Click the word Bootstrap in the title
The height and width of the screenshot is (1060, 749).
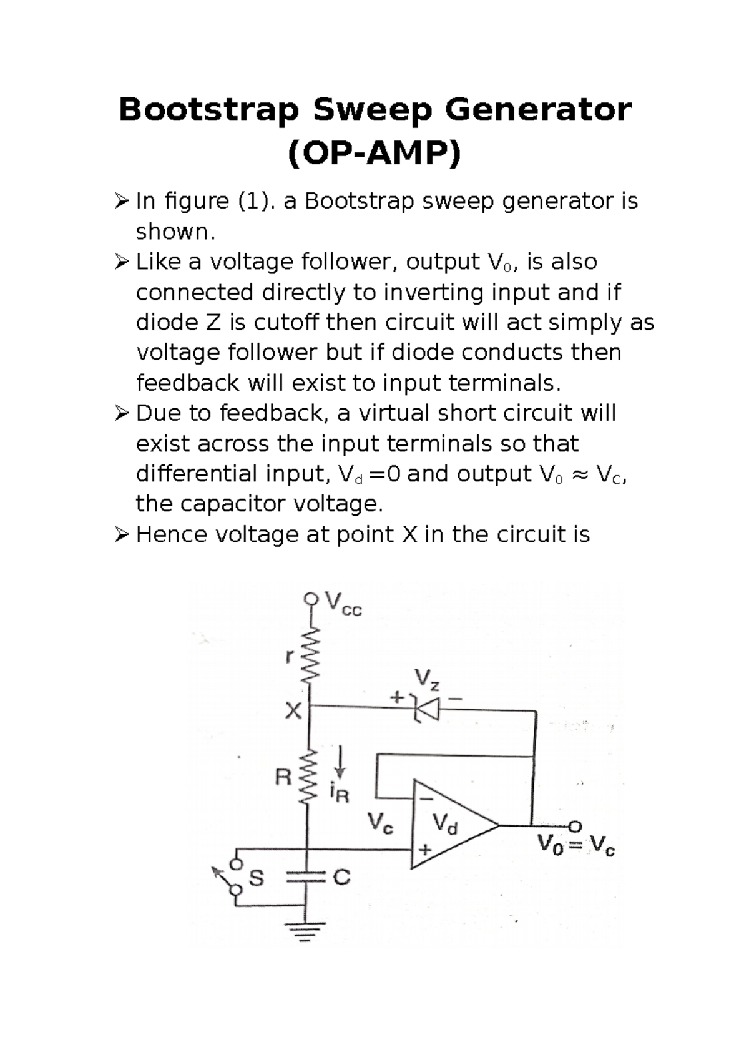pyautogui.click(x=208, y=110)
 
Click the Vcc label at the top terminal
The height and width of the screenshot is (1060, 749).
pyautogui.click(x=343, y=604)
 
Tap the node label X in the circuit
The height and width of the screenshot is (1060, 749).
pyautogui.click(x=293, y=710)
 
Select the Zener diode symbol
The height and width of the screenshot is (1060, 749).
pyautogui.click(x=426, y=709)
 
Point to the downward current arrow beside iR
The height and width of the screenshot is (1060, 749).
pyautogui.click(x=340, y=761)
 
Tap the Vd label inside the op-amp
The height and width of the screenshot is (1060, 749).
pyautogui.click(x=445, y=824)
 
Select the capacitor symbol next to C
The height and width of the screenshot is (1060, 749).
pyautogui.click(x=307, y=878)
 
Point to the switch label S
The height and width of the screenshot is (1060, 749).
pyautogui.click(x=257, y=878)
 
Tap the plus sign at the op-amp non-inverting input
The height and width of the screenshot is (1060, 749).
pyautogui.click(x=425, y=850)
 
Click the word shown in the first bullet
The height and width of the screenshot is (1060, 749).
pyautogui.click(x=175, y=232)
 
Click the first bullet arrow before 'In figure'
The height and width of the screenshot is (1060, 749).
pyautogui.click(x=122, y=201)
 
